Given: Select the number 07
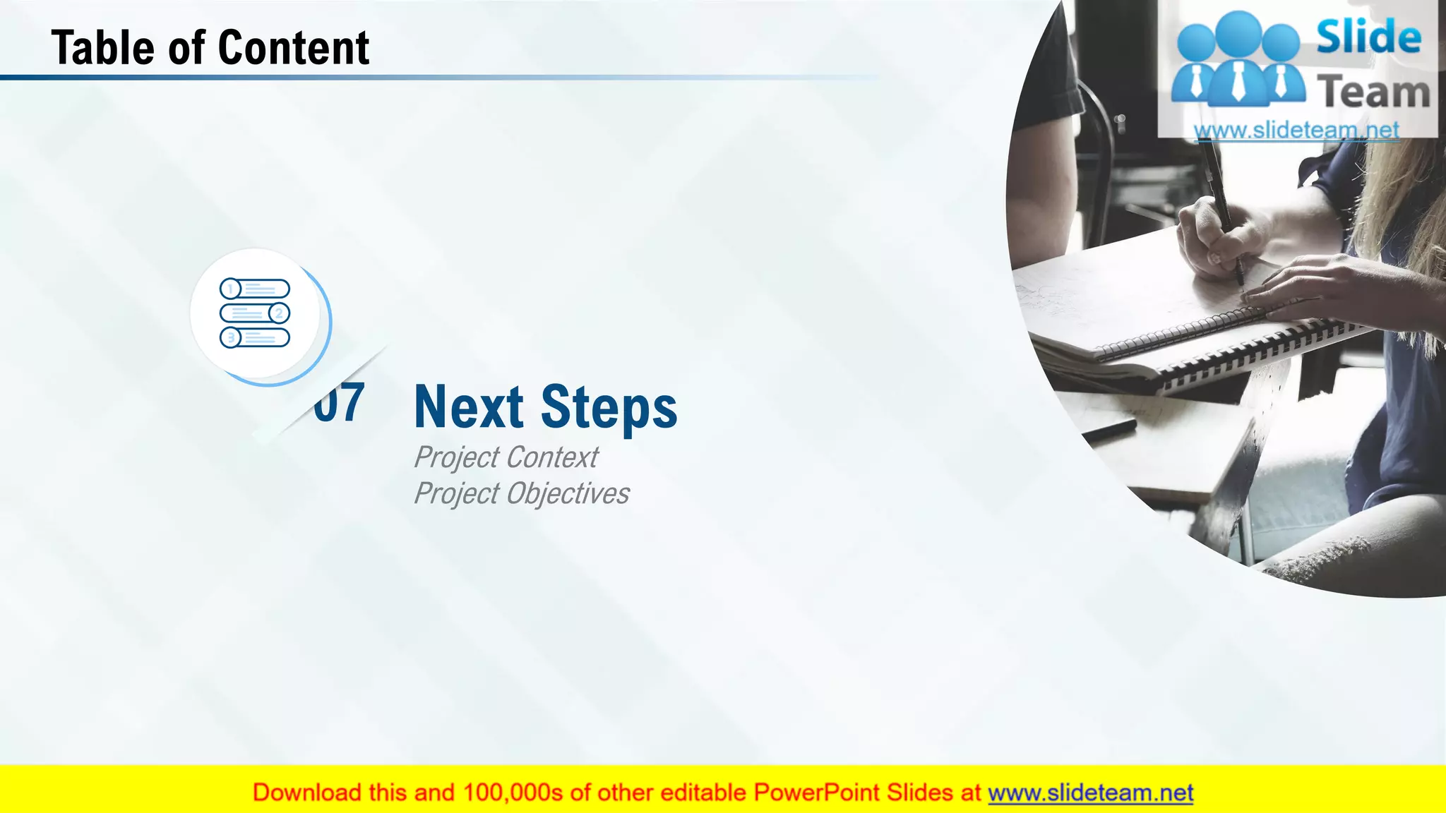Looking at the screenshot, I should [340, 403].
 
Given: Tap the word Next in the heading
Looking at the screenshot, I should [469, 407].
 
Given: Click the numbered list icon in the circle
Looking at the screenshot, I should [255, 313].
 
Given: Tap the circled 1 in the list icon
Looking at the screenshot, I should [230, 289].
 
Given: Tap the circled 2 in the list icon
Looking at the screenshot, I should [279, 313].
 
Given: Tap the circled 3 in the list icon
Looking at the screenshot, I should [230, 338].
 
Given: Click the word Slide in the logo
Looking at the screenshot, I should [1368, 37].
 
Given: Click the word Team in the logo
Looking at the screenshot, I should [1373, 92].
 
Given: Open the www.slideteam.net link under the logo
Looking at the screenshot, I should [1296, 131].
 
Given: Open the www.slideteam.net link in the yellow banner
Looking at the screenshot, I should [1090, 793].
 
